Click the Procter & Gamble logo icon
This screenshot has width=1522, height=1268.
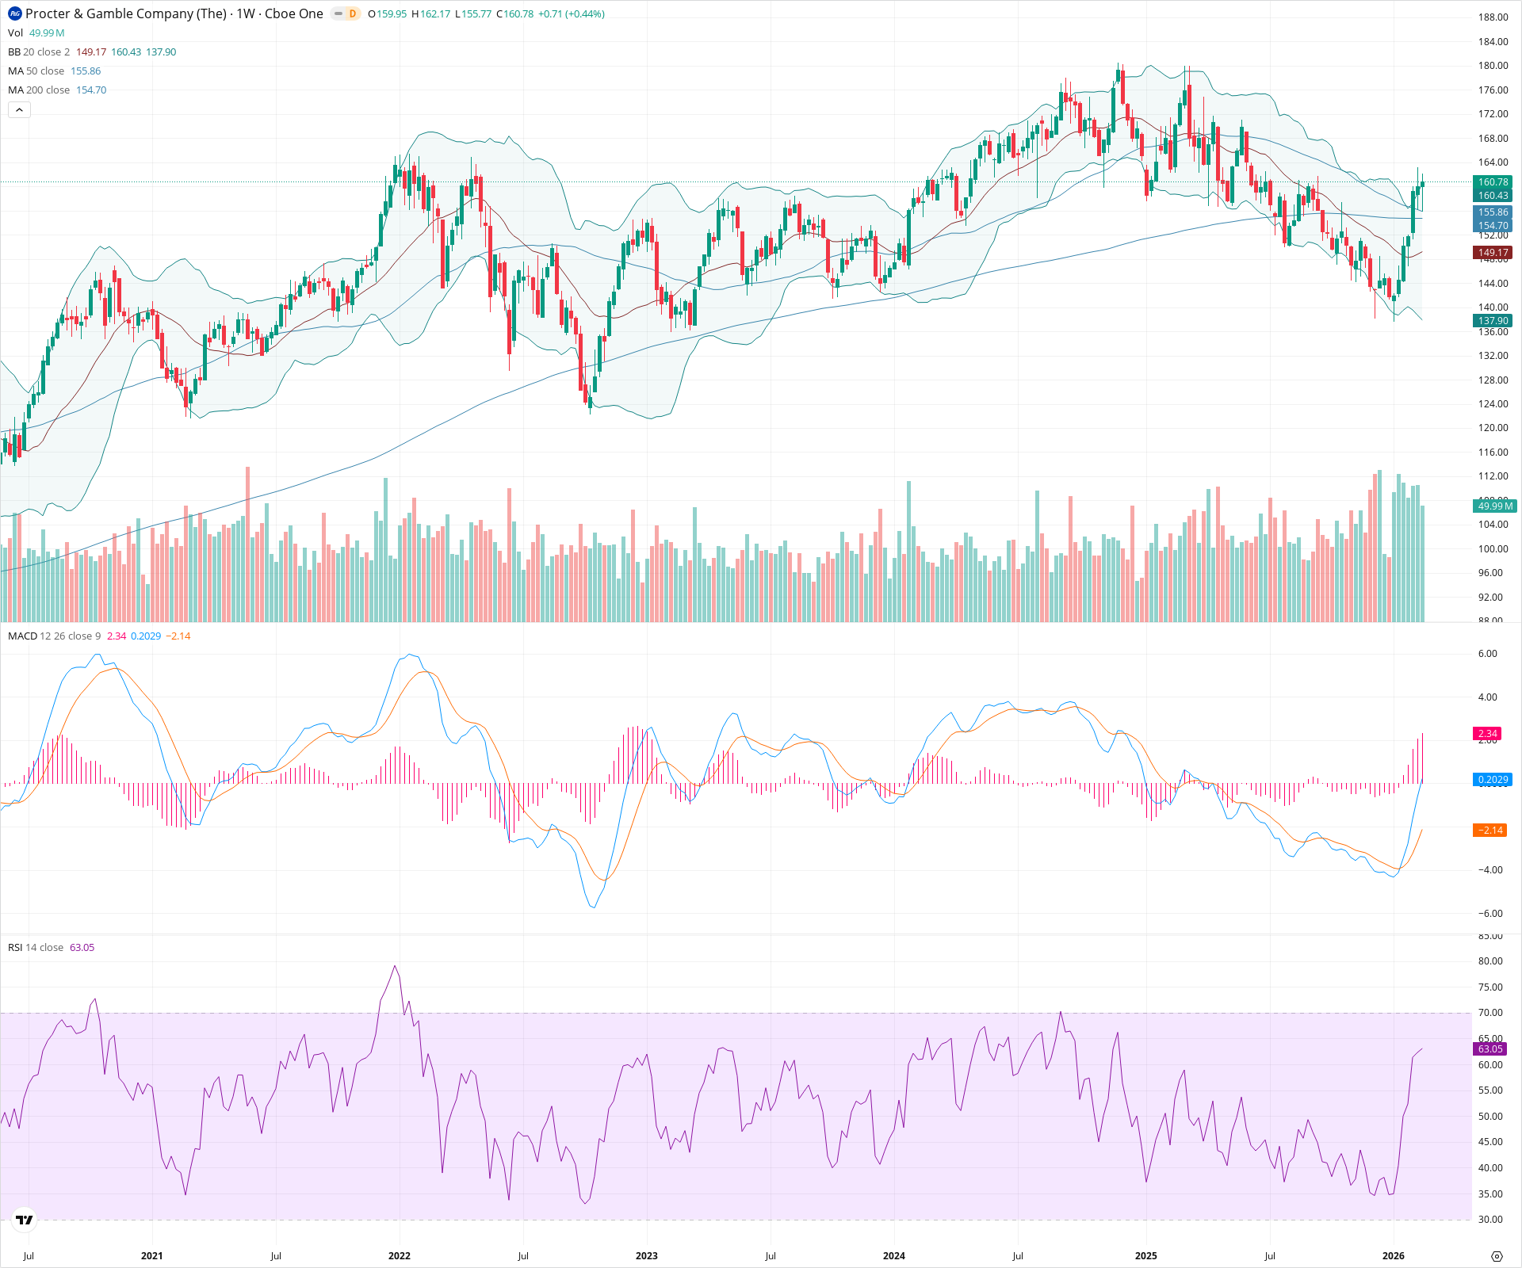click(x=15, y=13)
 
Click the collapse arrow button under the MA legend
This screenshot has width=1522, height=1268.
click(x=20, y=110)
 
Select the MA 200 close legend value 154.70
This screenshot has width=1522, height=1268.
click(x=91, y=90)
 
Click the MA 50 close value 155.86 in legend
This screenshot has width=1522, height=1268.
click(x=86, y=71)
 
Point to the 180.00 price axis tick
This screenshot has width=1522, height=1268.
click(x=1493, y=66)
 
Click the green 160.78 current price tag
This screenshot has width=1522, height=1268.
click(x=1493, y=182)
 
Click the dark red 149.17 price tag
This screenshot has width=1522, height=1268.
click(x=1493, y=253)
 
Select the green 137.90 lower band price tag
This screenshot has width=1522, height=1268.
click(x=1493, y=321)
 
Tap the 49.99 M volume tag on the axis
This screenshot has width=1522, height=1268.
click(x=1494, y=506)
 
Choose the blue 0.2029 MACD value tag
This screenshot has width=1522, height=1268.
click(x=1493, y=780)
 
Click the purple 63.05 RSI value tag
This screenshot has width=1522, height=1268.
click(x=1490, y=1049)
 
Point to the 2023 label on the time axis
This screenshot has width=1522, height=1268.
click(x=647, y=1256)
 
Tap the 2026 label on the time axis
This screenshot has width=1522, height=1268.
click(x=1393, y=1256)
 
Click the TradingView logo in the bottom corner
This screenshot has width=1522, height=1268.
click(x=25, y=1220)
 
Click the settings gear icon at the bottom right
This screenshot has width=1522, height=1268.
click(x=1497, y=1256)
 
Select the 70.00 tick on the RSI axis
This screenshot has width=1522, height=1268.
click(x=1490, y=1013)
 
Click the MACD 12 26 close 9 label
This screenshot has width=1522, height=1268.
click(x=54, y=636)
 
